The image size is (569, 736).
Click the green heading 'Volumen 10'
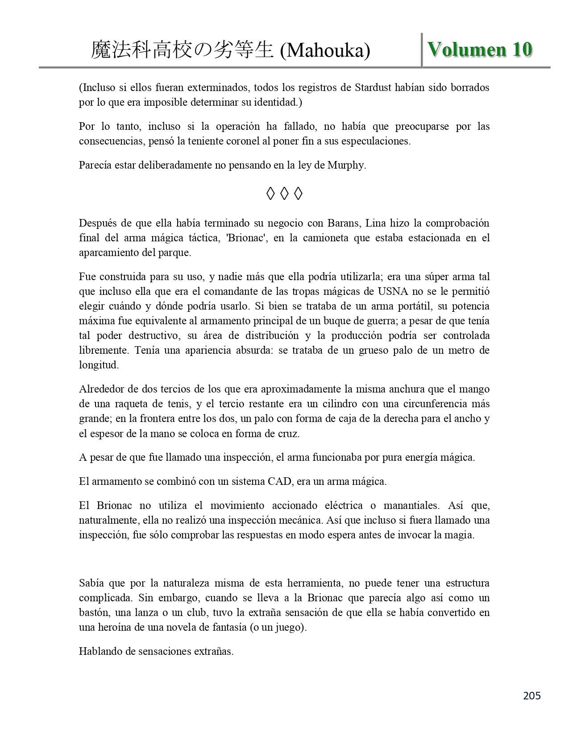(x=480, y=50)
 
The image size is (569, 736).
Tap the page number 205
(x=532, y=695)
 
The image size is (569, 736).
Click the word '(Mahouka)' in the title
(x=325, y=51)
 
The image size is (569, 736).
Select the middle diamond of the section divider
(x=284, y=194)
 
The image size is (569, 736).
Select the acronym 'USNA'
(x=393, y=292)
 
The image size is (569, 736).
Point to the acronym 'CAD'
(x=279, y=482)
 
